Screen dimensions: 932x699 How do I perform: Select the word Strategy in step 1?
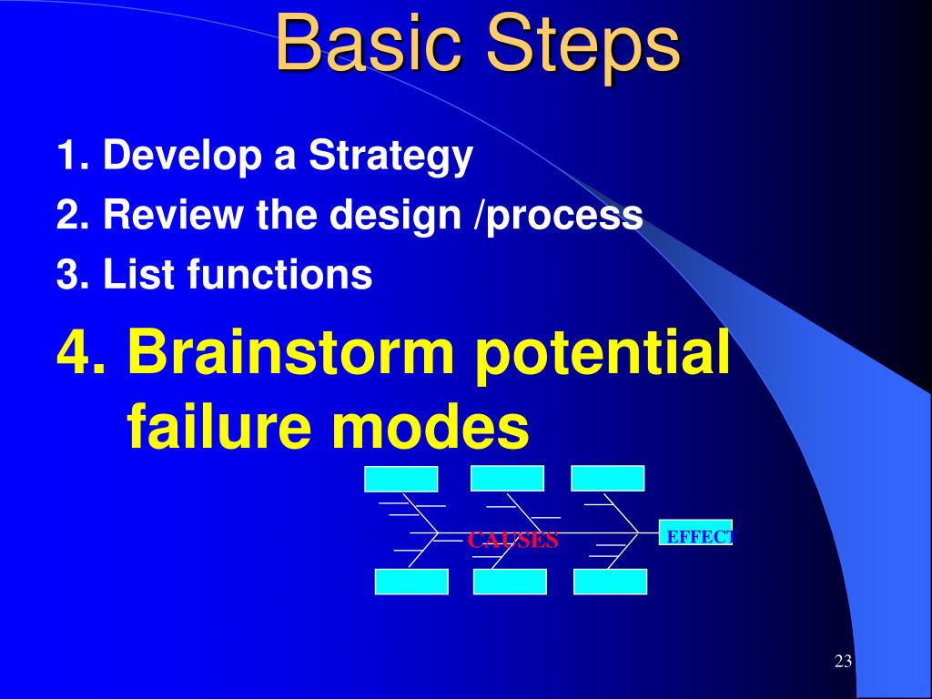[x=390, y=157]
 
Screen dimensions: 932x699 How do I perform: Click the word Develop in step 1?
[x=182, y=157]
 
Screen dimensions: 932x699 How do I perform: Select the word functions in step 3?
[x=279, y=273]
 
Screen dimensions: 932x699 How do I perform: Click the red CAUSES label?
[x=512, y=541]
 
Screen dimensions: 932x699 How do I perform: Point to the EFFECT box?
[x=695, y=532]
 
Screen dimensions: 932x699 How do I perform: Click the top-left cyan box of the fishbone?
[x=401, y=479]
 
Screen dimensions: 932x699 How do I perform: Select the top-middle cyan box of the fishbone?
[x=507, y=479]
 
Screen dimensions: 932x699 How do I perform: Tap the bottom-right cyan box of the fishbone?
[x=611, y=582]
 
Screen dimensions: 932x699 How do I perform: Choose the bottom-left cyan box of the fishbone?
[x=412, y=582]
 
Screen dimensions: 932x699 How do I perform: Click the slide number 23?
[x=843, y=662]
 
